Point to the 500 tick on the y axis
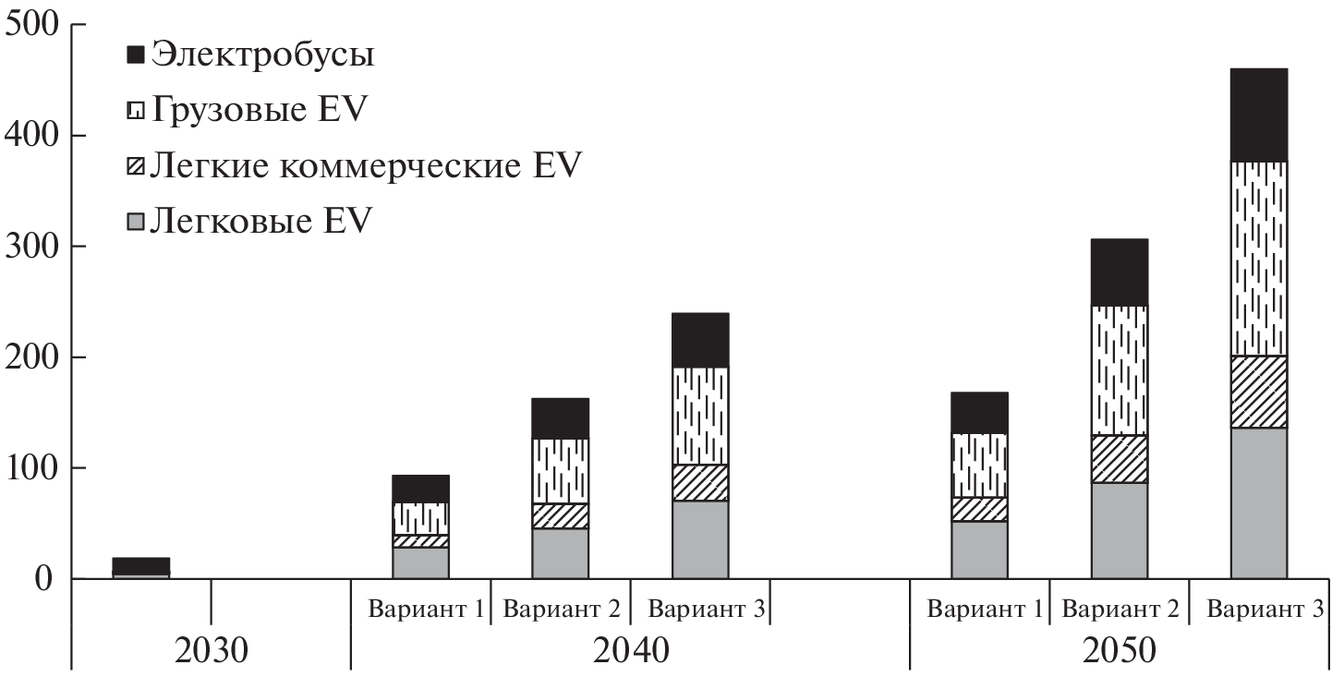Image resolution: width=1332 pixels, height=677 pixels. (32, 25)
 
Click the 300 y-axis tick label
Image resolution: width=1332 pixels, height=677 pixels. (32, 247)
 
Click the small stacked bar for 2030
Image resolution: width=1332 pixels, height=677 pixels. (141, 567)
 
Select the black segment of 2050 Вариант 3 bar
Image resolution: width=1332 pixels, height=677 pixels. (1258, 115)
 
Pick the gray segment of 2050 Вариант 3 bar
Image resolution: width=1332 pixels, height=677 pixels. (1258, 503)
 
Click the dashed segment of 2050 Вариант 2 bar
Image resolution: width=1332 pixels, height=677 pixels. (1119, 370)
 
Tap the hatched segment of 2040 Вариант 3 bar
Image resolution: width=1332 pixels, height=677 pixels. (700, 483)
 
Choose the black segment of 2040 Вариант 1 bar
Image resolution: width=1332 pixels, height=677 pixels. (420, 490)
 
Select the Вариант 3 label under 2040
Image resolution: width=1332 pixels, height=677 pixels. (700, 610)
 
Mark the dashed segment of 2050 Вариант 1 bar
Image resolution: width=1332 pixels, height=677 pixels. (979, 465)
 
